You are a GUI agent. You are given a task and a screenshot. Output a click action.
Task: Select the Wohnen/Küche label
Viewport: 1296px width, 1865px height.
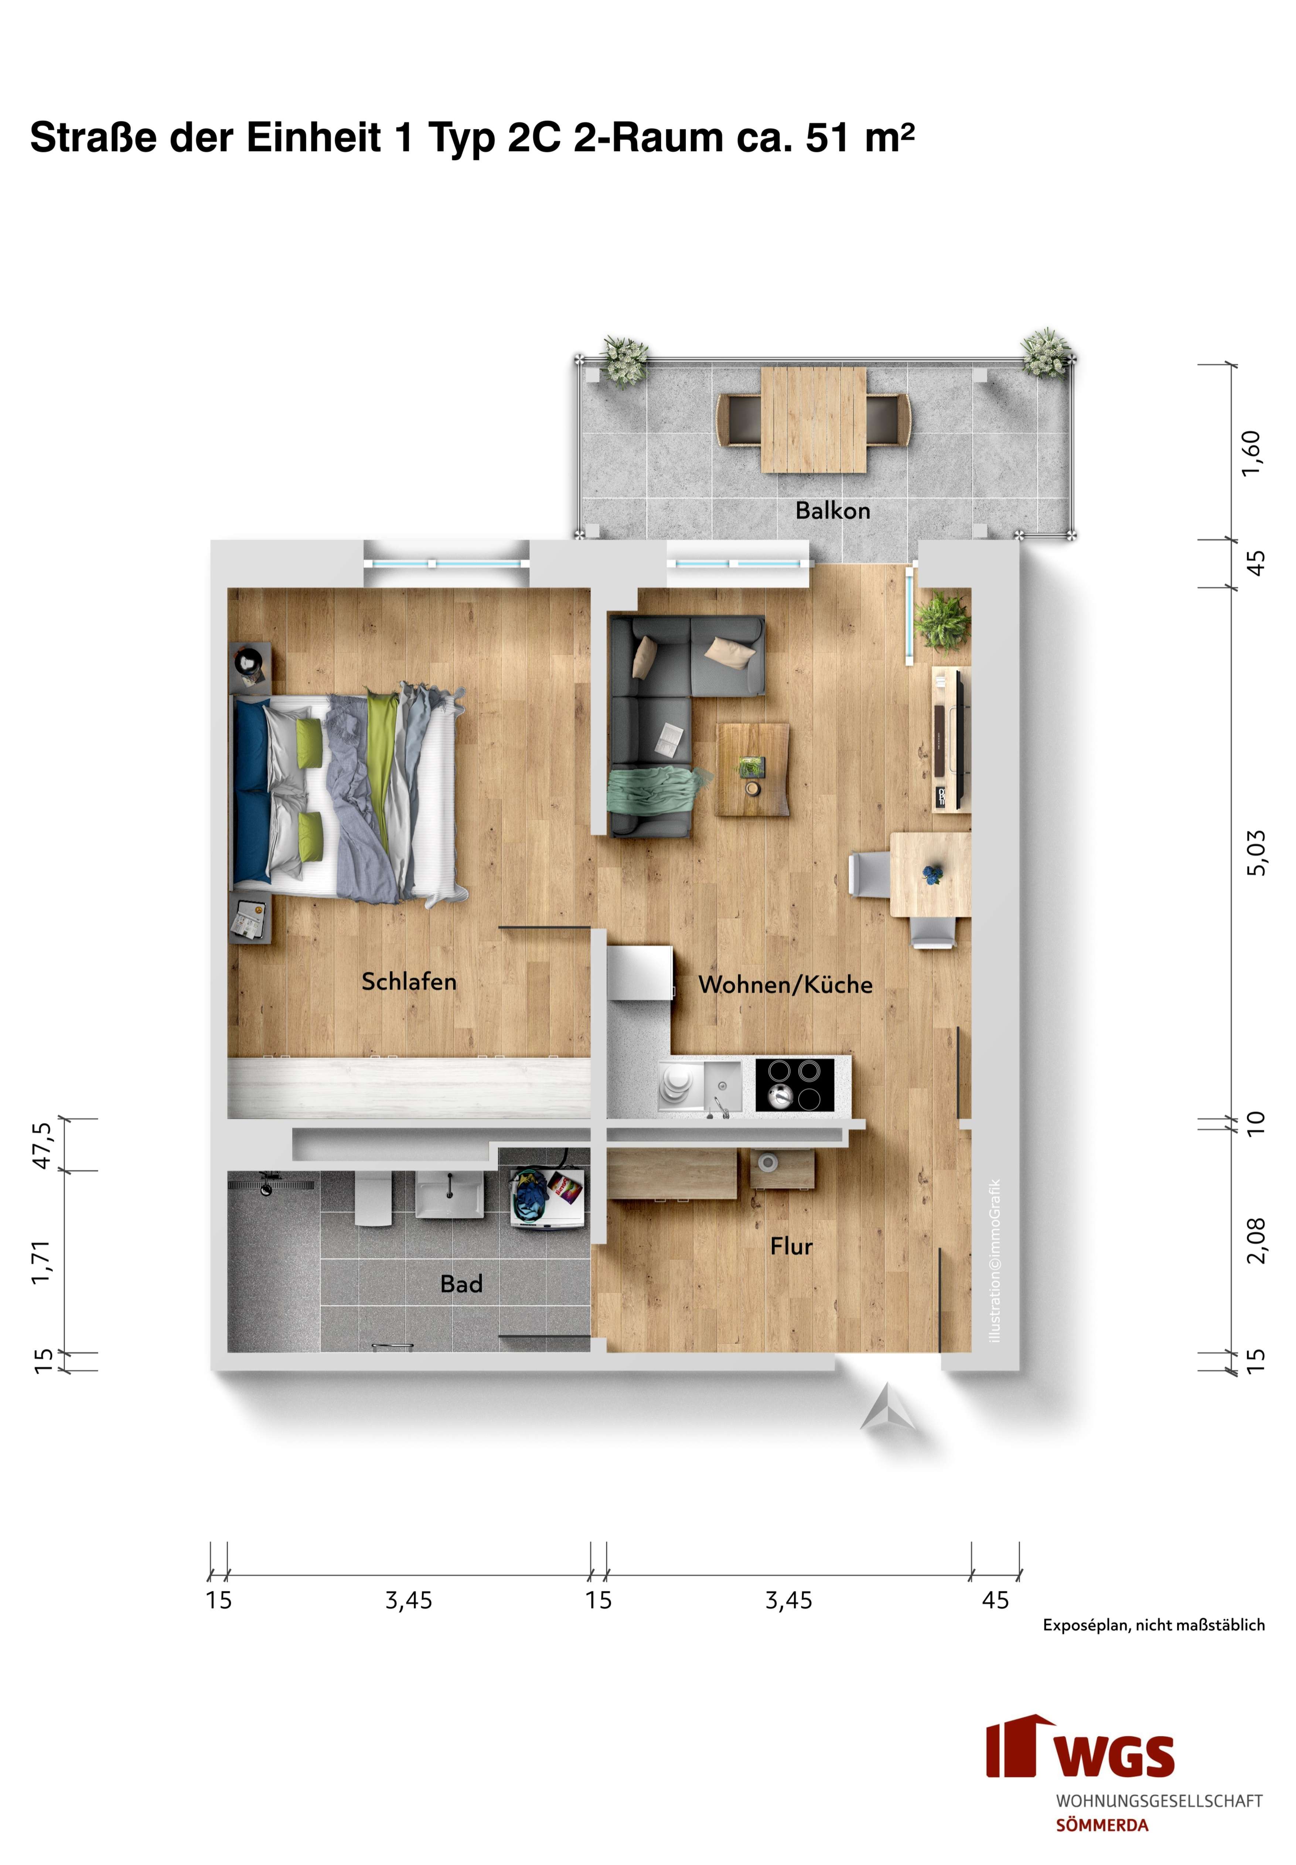click(785, 984)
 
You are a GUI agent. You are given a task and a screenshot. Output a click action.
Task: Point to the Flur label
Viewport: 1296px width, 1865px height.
click(791, 1246)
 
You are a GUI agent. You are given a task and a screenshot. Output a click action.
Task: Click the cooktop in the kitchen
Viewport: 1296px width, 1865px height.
click(794, 1085)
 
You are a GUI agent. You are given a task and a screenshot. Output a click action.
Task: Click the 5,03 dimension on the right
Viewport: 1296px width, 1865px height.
click(1255, 853)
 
